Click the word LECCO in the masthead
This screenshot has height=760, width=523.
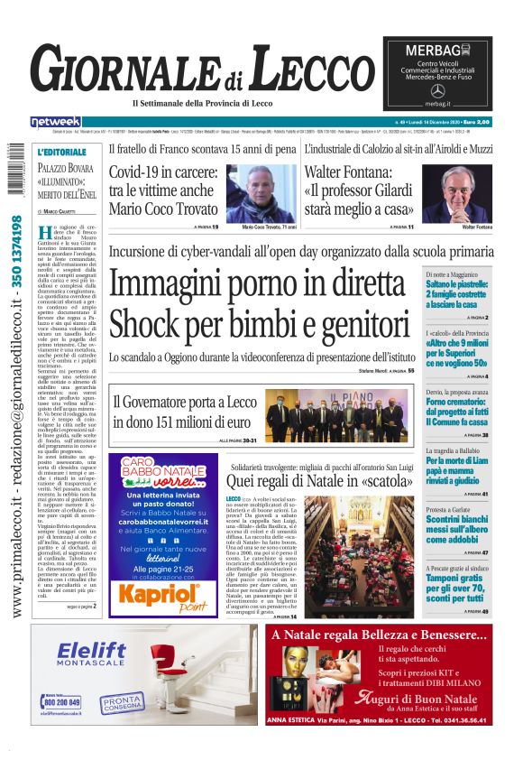307,70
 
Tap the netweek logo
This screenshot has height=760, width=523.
56,121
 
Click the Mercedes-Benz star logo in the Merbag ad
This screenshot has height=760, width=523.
438,91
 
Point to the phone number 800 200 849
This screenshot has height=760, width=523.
61,702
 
